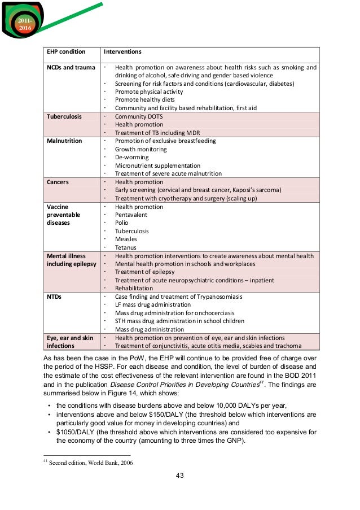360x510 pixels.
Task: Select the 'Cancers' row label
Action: [58, 182]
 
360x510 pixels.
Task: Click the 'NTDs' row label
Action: [55, 297]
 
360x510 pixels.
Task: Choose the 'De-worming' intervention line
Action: [131, 158]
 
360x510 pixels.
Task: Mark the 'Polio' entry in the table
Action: [122, 223]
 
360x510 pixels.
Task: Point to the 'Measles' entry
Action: [126, 239]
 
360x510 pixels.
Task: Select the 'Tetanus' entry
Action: [126, 248]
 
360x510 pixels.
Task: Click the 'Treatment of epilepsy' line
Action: [146, 272]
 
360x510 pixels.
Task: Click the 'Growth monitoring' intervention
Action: [141, 149]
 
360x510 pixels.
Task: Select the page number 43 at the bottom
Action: [179, 475]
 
